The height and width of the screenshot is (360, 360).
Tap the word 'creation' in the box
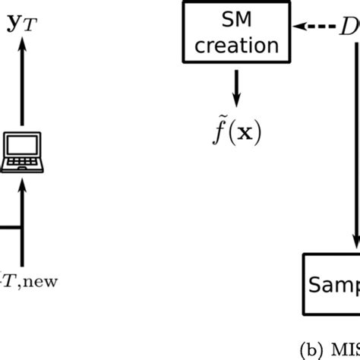[235, 45]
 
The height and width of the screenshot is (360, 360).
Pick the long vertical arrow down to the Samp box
[354, 152]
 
